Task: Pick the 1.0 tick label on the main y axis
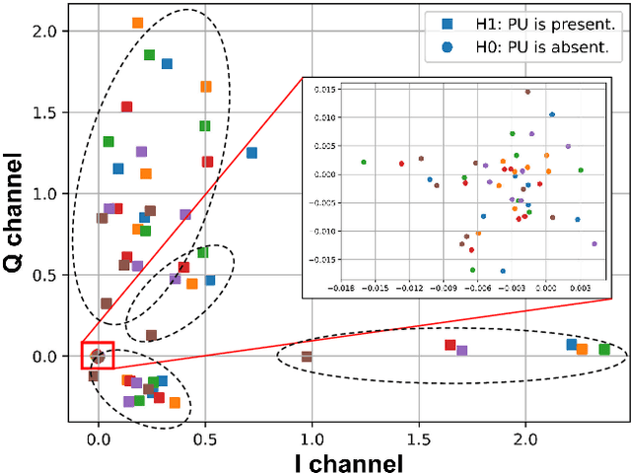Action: tap(46, 194)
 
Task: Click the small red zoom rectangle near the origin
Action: tap(98, 355)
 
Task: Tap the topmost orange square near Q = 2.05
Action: tap(137, 23)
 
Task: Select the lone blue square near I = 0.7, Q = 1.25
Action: tap(251, 153)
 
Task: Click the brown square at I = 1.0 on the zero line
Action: tap(307, 356)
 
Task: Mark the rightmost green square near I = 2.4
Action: tap(604, 350)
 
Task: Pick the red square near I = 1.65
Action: tap(450, 345)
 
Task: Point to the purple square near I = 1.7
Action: tap(461, 351)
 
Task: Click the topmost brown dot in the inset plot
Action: tap(527, 92)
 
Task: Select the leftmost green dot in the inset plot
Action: tap(364, 162)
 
